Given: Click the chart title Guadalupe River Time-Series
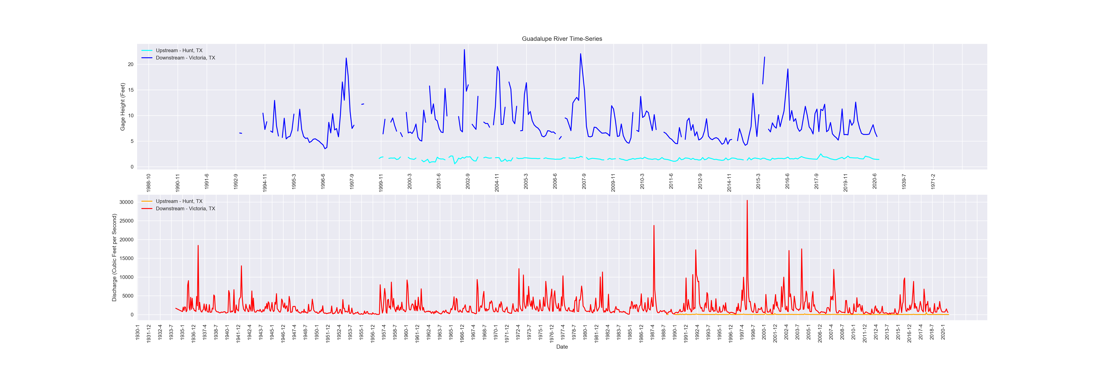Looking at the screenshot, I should click(x=562, y=39).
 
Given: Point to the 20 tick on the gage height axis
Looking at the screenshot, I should click(x=130, y=64).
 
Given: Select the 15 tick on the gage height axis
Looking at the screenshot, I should click(x=130, y=90).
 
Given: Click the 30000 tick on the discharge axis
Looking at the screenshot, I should click(x=126, y=202).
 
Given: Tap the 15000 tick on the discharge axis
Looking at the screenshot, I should click(x=126, y=258).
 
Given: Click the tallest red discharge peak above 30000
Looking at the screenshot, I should click(x=747, y=201).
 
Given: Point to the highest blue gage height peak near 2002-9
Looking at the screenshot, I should click(x=464, y=50).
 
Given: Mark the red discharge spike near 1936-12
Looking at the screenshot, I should click(x=198, y=246).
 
